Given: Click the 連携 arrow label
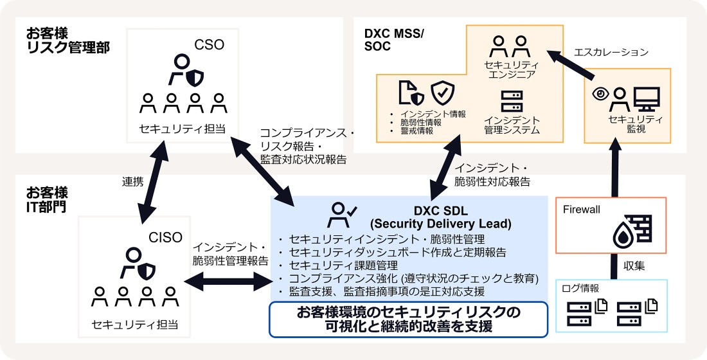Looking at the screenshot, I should (x=132, y=182).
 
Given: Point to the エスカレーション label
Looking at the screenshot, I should (x=610, y=52).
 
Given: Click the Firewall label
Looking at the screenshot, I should (x=582, y=210).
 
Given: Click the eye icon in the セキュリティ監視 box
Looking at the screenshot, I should (x=600, y=93).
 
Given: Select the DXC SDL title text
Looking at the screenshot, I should (x=440, y=217).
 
